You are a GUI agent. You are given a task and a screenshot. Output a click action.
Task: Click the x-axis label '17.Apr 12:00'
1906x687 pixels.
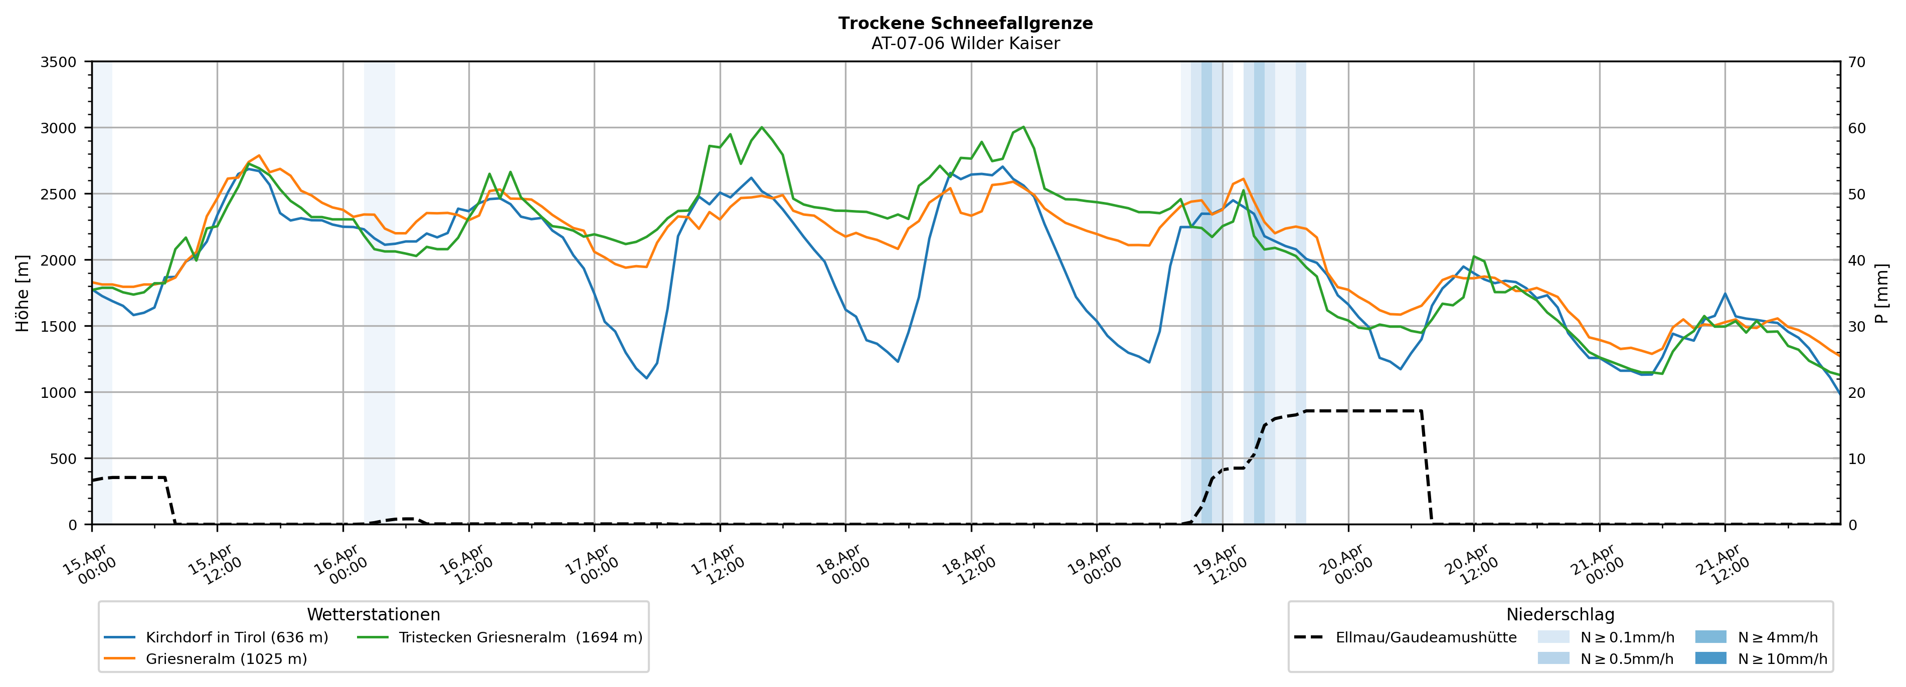click(x=716, y=566)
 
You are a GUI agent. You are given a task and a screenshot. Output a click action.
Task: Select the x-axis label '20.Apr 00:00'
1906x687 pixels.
click(x=1344, y=566)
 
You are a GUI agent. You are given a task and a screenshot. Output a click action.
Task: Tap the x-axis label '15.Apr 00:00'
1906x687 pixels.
click(x=89, y=566)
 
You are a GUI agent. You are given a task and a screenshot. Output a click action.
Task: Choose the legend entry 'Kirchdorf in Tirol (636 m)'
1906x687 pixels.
click(x=237, y=637)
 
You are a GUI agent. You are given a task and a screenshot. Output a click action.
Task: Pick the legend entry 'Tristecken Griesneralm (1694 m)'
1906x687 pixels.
click(x=520, y=637)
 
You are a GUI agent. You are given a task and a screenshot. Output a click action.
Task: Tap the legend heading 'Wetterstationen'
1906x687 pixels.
click(x=373, y=614)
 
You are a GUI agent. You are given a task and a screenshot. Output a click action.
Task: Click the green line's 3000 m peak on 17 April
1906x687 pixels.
click(x=761, y=127)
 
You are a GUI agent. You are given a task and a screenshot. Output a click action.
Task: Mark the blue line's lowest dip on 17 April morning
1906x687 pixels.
click(x=646, y=378)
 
